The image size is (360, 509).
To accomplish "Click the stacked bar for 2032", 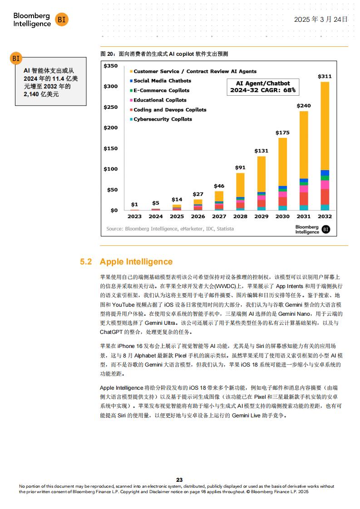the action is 325,146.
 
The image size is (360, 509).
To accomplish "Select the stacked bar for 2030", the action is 282,174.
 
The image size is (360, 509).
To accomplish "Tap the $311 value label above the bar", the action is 325,76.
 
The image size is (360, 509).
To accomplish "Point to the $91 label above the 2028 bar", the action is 240,167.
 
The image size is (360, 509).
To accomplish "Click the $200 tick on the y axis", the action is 110,127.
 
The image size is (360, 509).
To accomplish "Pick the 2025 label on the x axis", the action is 177,216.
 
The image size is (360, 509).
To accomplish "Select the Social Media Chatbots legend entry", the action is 161,81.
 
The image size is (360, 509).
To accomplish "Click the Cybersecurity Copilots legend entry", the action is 161,119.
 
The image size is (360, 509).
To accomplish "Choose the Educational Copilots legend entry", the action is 158,100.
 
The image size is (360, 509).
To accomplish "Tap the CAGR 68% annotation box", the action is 263,87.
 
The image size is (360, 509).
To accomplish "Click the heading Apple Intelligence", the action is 136,262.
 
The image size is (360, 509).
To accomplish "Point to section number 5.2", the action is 86,262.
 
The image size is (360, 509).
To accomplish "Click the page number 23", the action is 179,480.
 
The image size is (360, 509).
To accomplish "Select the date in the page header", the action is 321,20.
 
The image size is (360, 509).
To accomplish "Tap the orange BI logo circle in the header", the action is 61,20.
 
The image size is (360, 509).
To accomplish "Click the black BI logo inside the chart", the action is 326,229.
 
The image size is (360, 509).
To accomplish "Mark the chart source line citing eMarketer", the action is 170,229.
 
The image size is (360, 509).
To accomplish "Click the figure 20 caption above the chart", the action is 164,54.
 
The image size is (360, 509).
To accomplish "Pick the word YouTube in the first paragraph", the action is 123,304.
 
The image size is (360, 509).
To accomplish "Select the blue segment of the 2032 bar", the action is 325,173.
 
